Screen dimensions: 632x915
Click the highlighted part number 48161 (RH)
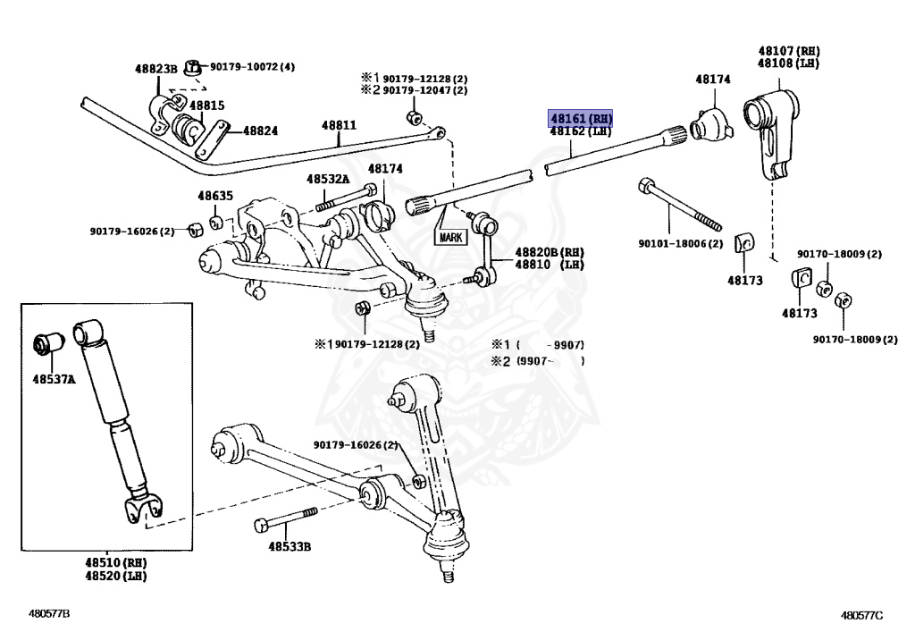(581, 118)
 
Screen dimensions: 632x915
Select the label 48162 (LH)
(581, 131)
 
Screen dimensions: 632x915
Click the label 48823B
(157, 68)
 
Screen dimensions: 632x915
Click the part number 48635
(215, 196)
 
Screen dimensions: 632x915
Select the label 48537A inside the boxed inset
(55, 381)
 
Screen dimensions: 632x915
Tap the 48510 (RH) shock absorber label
(115, 563)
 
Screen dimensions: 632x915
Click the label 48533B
(288, 546)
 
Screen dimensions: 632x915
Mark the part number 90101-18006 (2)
(680, 243)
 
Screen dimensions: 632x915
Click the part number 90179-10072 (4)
(252, 67)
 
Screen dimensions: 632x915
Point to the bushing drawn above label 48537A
(46, 342)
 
